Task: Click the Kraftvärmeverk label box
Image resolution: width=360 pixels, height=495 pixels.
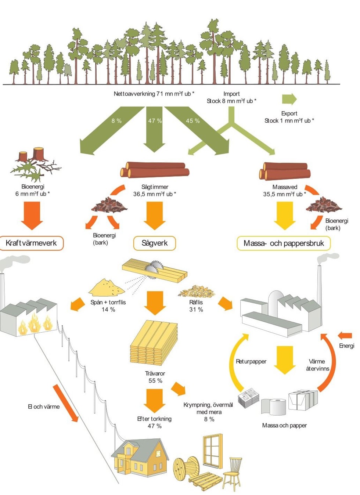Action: coord(31,243)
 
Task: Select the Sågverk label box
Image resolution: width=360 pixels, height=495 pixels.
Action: coord(154,243)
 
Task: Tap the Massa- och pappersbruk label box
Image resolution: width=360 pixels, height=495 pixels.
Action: coord(284,243)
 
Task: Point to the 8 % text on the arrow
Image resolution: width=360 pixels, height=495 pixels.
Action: coord(116,121)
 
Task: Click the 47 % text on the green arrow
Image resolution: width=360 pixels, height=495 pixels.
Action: coord(155,121)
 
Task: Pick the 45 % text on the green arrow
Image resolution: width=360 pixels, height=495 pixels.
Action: coord(192,121)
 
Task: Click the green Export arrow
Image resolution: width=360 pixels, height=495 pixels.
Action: coord(289,99)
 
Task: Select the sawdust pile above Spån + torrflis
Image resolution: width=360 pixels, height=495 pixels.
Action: coord(107,288)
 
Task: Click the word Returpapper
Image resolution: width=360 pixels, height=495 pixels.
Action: coord(251,362)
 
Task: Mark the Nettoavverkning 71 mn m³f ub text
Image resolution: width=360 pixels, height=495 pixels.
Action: coord(154,94)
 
